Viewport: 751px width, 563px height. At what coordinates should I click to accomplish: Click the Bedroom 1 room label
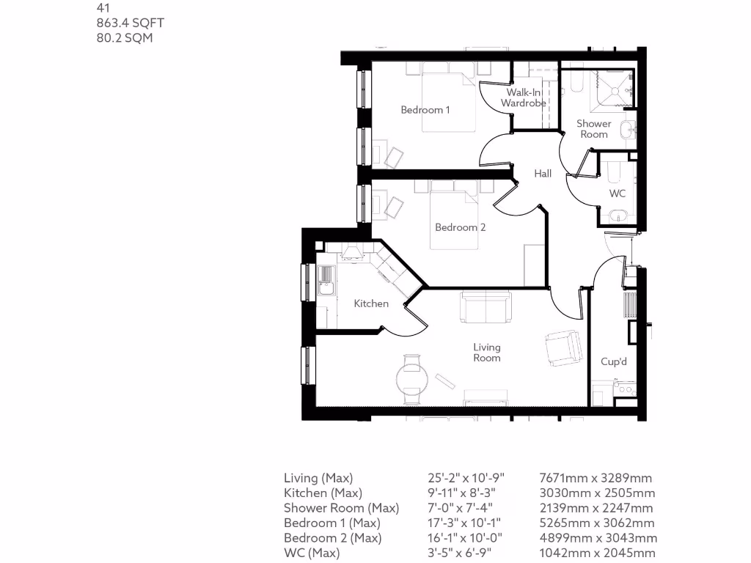pyautogui.click(x=425, y=110)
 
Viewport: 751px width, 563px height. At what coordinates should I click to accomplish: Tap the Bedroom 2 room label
pyautogui.click(x=461, y=227)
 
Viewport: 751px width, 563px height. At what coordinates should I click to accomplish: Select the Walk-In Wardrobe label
pyautogui.click(x=524, y=98)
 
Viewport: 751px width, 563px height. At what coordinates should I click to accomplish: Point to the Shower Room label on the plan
pyautogui.click(x=593, y=129)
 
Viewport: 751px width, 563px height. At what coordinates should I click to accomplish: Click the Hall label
pyautogui.click(x=543, y=174)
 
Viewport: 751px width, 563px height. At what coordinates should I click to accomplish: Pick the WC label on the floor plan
pyautogui.click(x=618, y=194)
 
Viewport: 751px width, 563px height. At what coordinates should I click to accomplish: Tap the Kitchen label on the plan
pyautogui.click(x=371, y=303)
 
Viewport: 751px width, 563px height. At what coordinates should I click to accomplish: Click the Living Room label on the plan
pyautogui.click(x=487, y=353)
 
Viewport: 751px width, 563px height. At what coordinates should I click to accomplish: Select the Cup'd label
pyautogui.click(x=614, y=362)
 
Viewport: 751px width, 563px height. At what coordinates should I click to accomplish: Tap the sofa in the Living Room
pyautogui.click(x=486, y=306)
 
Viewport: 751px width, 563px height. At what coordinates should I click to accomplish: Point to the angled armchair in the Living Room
pyautogui.click(x=563, y=348)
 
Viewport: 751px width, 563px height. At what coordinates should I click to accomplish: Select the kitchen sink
pyautogui.click(x=325, y=279)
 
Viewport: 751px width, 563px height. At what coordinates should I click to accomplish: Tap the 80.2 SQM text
pyautogui.click(x=125, y=37)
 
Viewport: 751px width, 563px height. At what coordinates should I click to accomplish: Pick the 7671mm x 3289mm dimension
pyautogui.click(x=596, y=478)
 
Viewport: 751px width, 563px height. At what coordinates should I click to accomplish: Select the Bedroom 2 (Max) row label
pyautogui.click(x=333, y=538)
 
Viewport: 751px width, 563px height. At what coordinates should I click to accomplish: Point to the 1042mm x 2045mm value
pyautogui.click(x=598, y=553)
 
